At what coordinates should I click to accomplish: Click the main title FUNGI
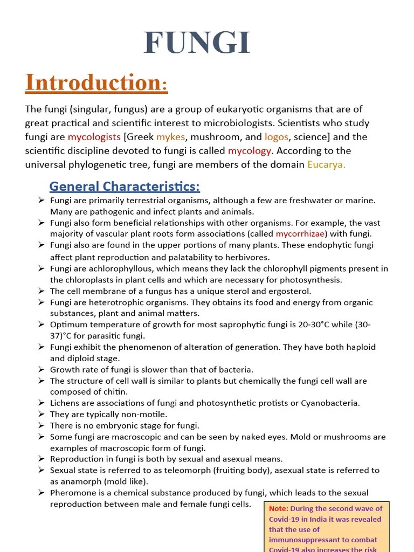click(197, 43)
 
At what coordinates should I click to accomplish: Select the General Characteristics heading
click(125, 187)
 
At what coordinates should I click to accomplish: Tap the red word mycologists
click(94, 137)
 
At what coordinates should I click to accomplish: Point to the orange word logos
click(277, 137)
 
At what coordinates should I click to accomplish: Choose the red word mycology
click(250, 150)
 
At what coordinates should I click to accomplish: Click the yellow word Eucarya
click(326, 164)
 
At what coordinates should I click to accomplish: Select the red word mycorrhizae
click(301, 234)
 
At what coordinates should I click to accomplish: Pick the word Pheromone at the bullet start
click(71, 493)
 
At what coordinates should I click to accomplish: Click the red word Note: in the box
click(278, 508)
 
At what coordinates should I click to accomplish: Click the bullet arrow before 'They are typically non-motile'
click(42, 414)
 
